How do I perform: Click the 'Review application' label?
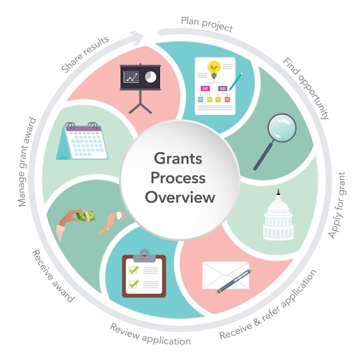(150, 334)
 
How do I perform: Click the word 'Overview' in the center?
(180, 197)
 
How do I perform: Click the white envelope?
(224, 275)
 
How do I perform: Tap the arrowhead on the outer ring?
(137, 37)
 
